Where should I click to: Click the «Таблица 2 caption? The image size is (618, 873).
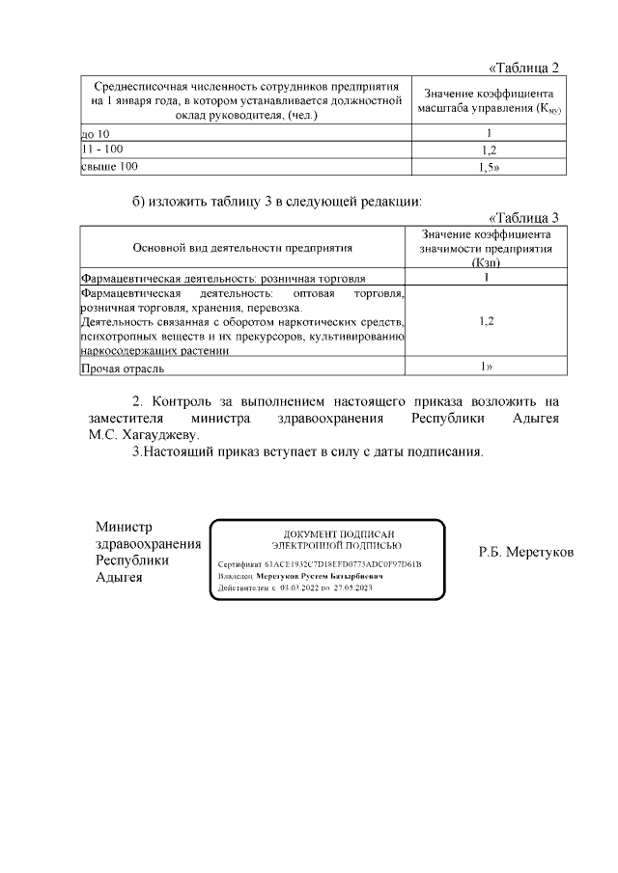click(x=524, y=68)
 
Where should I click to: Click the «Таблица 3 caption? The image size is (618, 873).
click(x=524, y=218)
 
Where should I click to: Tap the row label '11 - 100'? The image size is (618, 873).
click(x=101, y=149)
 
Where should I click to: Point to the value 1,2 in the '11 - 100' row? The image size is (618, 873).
click(x=489, y=150)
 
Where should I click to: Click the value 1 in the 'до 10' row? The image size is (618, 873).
click(x=489, y=132)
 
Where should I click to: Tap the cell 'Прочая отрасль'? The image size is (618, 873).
click(x=122, y=368)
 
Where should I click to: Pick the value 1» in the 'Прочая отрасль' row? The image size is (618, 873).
click(x=487, y=367)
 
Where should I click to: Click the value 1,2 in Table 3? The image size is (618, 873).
click(x=487, y=321)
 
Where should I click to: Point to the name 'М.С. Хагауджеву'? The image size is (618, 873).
click(x=143, y=434)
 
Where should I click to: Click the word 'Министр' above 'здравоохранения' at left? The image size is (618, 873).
click(x=125, y=527)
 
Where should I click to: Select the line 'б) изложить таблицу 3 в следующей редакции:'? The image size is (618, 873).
click(x=277, y=202)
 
